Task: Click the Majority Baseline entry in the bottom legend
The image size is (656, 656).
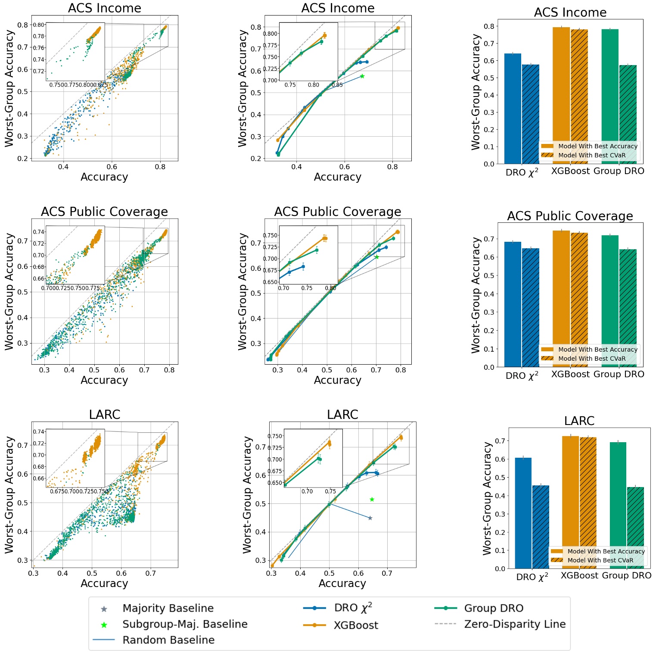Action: pos(168,608)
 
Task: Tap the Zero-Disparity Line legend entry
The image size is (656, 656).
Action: pos(514,624)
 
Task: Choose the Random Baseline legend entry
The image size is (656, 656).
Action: pos(168,640)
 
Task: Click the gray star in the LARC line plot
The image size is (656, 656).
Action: pos(370,518)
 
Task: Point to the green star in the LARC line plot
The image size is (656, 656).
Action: pos(372,500)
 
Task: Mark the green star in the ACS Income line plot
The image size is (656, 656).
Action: pos(362,76)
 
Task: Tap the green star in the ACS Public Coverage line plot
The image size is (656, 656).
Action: pos(377,257)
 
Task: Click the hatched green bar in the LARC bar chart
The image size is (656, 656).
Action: pos(635,528)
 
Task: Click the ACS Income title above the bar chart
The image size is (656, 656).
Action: pos(570,12)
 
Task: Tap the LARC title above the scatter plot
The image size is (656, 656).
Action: pos(104,415)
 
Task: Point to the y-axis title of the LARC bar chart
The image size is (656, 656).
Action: pos(487,498)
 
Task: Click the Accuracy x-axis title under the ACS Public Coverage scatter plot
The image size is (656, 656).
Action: pos(104,380)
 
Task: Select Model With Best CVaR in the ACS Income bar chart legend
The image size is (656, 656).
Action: pos(591,155)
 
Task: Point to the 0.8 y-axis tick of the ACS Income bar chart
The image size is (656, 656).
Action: pos(489,26)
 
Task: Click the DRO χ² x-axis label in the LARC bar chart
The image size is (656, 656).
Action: pos(532,577)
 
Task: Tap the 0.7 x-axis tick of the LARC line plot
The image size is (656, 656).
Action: pos(387,573)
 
